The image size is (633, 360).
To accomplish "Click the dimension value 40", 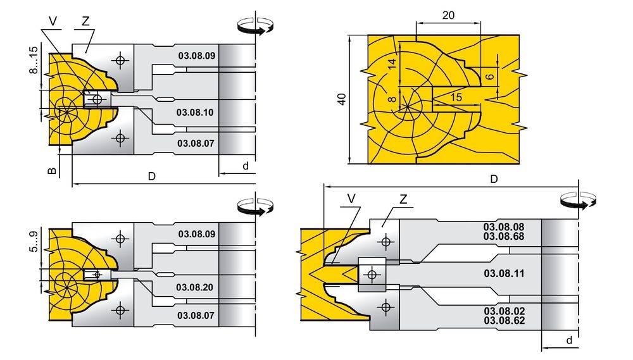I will pyautogui.click(x=342, y=99).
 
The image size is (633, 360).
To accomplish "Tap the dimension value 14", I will pyautogui.click(x=392, y=64).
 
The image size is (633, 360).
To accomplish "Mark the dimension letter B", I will pyautogui.click(x=53, y=170).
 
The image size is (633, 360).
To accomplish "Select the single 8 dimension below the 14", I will pyautogui.click(x=392, y=99).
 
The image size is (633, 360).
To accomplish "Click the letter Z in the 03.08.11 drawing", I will pyautogui.click(x=403, y=199).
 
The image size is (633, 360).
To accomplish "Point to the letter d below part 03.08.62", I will pyautogui.click(x=569, y=340).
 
